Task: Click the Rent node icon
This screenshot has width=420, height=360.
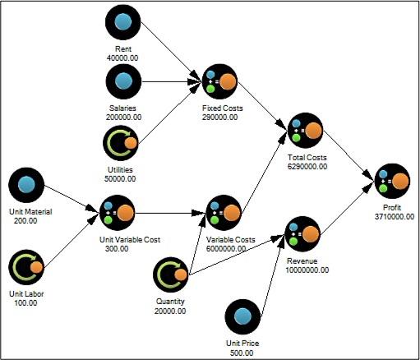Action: pyautogui.click(x=123, y=22)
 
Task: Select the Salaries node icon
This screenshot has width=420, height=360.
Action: pyautogui.click(x=123, y=83)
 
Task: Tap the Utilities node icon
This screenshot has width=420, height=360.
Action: pyautogui.click(x=123, y=144)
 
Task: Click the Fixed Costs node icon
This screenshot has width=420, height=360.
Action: pyautogui.click(x=219, y=82)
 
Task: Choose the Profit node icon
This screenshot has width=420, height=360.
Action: pyautogui.click(x=392, y=182)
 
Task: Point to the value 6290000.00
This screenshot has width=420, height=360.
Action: pyautogui.click(x=307, y=166)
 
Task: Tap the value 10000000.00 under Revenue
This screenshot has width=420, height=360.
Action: pyautogui.click(x=307, y=269)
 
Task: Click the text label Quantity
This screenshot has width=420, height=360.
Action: pyautogui.click(x=170, y=301)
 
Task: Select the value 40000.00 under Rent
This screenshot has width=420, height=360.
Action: pyautogui.click(x=123, y=57)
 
